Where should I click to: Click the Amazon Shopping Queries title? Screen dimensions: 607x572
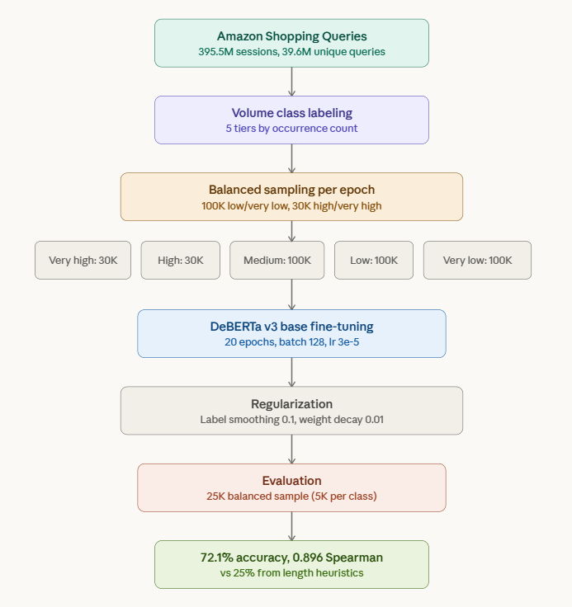(291, 36)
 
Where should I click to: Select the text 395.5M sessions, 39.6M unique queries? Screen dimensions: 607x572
(291, 51)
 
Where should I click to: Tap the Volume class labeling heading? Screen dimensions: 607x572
(291, 113)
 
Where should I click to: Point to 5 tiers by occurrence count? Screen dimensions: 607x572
(291, 128)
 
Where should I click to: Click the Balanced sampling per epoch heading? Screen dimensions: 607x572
(291, 190)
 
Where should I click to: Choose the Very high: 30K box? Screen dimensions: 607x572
(83, 261)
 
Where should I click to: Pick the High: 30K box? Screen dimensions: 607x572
(181, 261)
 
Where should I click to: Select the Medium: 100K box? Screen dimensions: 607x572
(277, 261)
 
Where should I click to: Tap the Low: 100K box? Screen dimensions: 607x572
(373, 261)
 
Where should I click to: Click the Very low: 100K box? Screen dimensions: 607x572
(477, 261)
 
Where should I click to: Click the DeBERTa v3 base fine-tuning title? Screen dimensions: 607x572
(291, 327)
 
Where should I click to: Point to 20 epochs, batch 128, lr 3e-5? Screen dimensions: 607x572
(291, 341)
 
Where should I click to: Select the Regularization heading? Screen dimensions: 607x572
(291, 404)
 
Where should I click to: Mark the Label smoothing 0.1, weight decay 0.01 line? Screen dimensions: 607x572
(291, 419)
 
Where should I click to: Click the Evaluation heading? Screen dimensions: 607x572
(291, 481)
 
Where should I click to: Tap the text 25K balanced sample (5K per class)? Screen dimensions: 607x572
(291, 496)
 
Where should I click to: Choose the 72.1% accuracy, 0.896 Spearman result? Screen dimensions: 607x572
(291, 558)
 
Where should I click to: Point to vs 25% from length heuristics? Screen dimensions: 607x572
(291, 572)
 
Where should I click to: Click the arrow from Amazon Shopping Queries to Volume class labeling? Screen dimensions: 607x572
(291, 81)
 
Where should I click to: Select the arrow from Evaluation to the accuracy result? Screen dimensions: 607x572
(291, 525)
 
